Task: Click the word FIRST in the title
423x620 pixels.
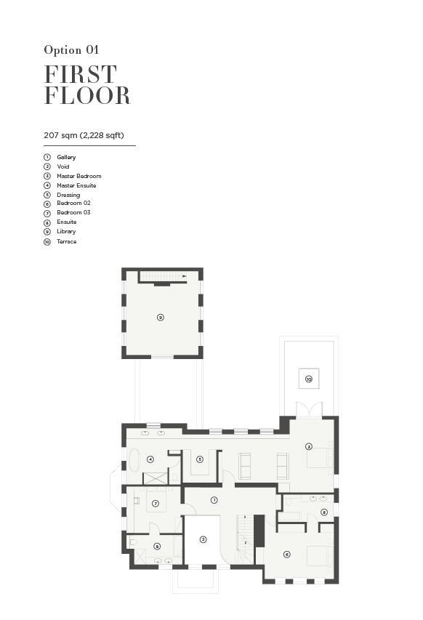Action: coord(80,74)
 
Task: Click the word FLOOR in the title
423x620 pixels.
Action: coord(87,95)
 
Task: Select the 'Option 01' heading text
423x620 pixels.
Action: coord(71,50)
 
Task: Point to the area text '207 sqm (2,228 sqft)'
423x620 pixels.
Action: coord(84,135)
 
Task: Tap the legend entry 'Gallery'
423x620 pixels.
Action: coord(66,157)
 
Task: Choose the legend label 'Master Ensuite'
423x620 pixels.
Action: coord(76,185)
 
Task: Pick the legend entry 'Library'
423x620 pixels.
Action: coord(66,231)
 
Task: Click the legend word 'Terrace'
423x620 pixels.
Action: coord(66,241)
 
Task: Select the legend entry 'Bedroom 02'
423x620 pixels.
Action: coord(73,203)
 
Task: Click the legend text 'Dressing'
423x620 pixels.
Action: coord(68,195)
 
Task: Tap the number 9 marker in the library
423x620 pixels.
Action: coord(160,317)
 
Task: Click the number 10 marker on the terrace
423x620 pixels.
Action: coord(309,379)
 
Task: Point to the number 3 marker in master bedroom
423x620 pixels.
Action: coord(309,446)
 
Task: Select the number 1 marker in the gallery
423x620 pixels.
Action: coord(214,500)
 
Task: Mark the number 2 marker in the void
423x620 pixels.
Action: coord(204,539)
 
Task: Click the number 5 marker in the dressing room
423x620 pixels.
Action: coord(200,459)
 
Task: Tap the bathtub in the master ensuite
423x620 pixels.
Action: coord(134,459)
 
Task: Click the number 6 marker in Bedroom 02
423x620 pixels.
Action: coord(287,555)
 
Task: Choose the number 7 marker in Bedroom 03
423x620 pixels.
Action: coord(156,504)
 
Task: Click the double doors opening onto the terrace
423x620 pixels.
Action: coord(309,409)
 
